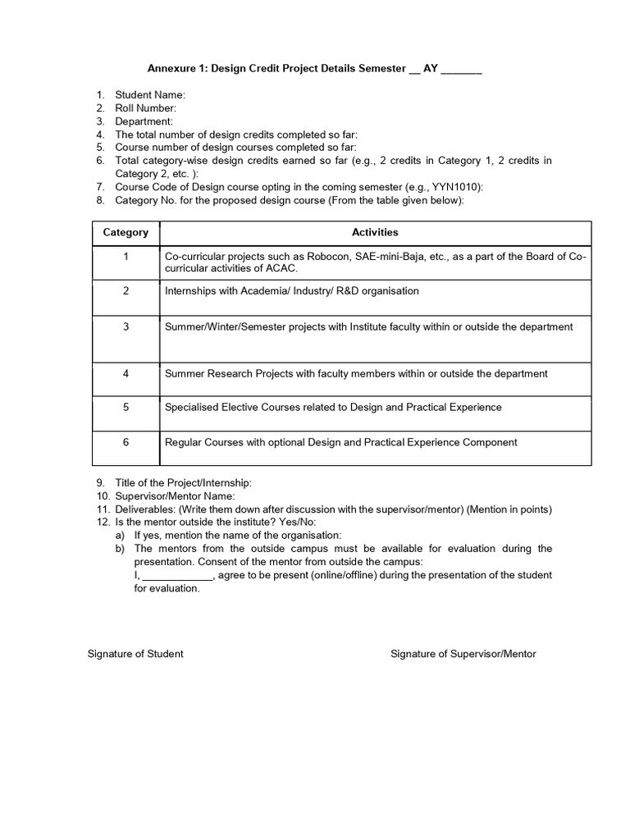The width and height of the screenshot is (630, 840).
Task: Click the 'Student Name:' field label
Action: click(x=150, y=95)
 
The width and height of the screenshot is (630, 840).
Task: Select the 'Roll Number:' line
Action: click(x=145, y=108)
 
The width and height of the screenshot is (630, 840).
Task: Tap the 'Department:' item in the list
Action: click(x=144, y=121)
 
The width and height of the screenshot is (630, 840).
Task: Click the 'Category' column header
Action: click(x=126, y=232)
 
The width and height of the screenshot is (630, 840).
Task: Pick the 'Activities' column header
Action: click(x=375, y=232)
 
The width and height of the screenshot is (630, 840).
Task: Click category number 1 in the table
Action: click(x=126, y=257)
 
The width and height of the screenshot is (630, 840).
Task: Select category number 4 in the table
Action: click(x=126, y=373)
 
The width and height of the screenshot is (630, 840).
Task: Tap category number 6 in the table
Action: click(x=126, y=442)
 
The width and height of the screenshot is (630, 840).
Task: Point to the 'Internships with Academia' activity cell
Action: click(x=291, y=291)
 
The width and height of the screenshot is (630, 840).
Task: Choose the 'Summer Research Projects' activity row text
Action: click(x=356, y=373)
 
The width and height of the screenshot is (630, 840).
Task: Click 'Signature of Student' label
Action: click(x=135, y=654)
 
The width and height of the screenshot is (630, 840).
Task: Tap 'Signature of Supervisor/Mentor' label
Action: click(x=463, y=654)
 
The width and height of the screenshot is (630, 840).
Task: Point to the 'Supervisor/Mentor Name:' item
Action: click(x=174, y=495)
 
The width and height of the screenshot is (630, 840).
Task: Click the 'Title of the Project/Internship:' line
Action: click(x=183, y=482)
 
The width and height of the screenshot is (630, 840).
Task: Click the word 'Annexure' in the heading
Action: click(x=170, y=70)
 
